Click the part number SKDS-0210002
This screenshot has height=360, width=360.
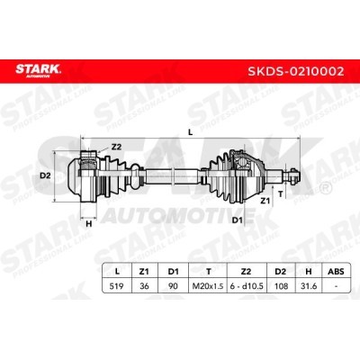pyautogui.click(x=295, y=71)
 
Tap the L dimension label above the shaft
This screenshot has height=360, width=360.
pyautogui.click(x=190, y=132)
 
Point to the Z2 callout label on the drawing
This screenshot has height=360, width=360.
pyautogui.click(x=116, y=147)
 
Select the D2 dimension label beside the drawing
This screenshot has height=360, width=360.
pyautogui.click(x=45, y=175)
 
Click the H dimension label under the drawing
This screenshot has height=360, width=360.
pyautogui.click(x=89, y=223)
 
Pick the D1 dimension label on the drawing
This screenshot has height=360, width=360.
pyautogui.click(x=237, y=220)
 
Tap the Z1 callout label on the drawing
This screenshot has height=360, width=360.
pyautogui.click(x=264, y=201)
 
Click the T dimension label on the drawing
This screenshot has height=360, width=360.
pyautogui.click(x=281, y=194)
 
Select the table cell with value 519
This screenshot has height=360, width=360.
pyautogui.click(x=117, y=286)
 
